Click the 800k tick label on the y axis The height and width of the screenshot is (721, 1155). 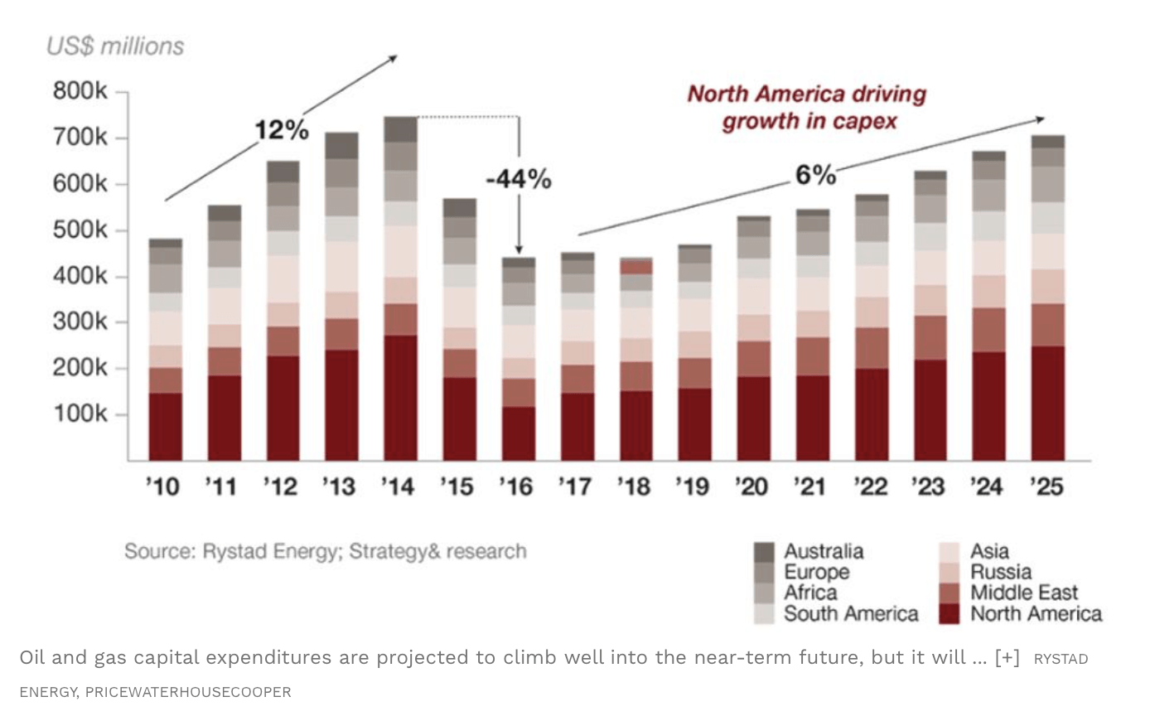pos(80,90)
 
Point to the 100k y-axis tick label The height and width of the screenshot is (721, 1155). pos(80,414)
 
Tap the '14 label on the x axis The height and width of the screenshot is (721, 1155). pos(398,486)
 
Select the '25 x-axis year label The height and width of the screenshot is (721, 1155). pos(1046,486)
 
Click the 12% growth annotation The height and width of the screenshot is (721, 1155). pos(281,130)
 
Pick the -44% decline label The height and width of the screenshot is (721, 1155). pos(518,179)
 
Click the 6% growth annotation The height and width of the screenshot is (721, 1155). pos(815,175)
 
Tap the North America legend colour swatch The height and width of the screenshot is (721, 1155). pos(949,614)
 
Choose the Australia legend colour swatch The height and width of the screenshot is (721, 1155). pos(763,552)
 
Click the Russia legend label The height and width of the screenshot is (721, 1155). pos(1001,572)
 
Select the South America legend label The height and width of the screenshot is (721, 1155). pos(851,614)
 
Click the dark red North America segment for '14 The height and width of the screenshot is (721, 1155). pos(400,398)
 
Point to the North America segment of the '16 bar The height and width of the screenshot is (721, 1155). pos(518,433)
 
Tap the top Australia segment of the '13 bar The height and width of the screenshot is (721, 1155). pos(341,145)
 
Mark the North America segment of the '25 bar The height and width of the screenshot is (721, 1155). pos(1047,403)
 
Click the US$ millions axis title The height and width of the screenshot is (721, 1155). pos(115,46)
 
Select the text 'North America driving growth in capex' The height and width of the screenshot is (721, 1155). pos(807,108)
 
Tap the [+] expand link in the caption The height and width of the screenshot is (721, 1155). pos(1007,658)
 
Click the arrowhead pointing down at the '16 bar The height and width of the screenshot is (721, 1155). pos(519,249)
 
